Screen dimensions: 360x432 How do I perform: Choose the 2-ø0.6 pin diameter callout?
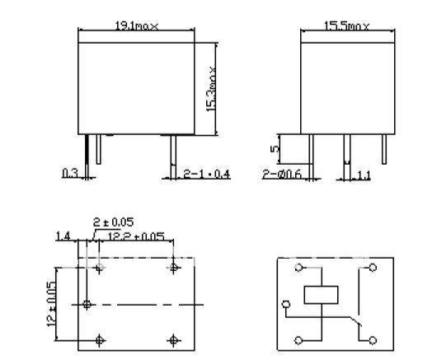(x=279, y=174)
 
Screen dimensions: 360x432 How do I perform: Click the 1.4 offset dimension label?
(x=63, y=236)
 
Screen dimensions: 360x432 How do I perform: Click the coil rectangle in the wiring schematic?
(x=319, y=295)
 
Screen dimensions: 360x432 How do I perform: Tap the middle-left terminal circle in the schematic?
(x=286, y=304)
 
